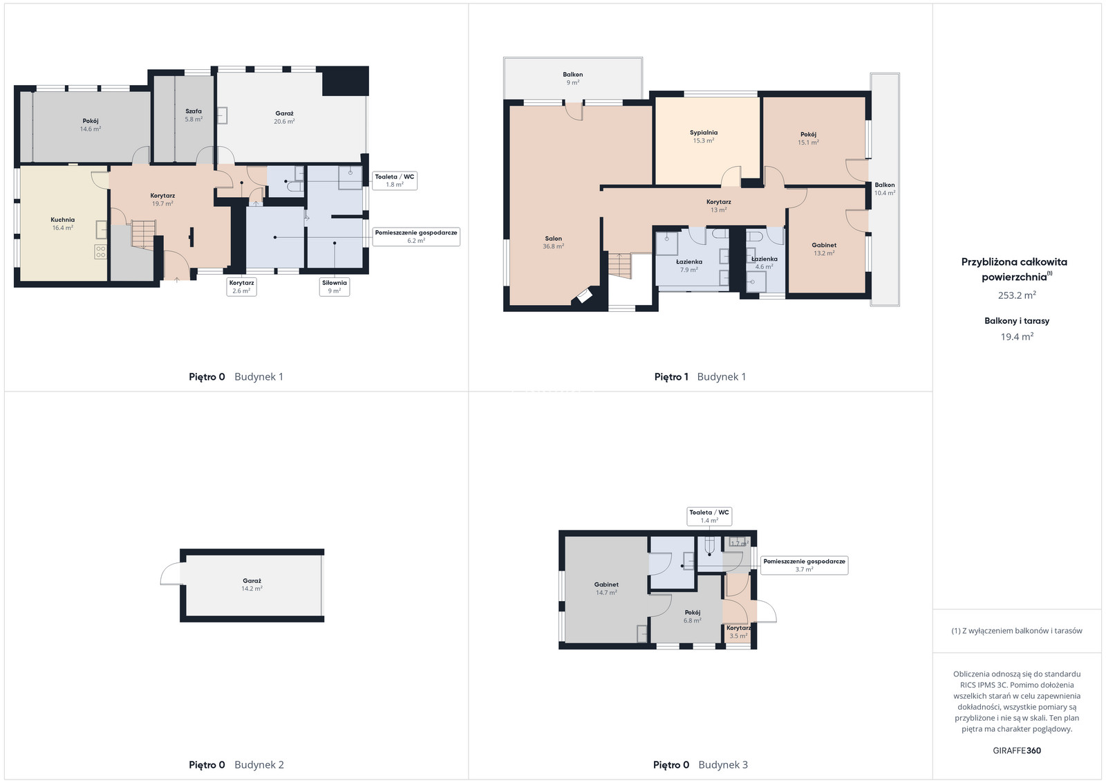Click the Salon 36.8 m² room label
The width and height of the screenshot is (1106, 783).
pyautogui.click(x=553, y=242)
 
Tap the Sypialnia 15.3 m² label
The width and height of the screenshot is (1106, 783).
pyautogui.click(x=704, y=136)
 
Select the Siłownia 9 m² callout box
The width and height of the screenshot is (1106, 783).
pyautogui.click(x=335, y=286)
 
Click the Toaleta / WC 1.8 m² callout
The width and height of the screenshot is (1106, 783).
pyautogui.click(x=395, y=181)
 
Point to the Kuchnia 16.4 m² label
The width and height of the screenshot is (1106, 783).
pyautogui.click(x=63, y=224)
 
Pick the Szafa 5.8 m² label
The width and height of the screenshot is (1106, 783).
pyautogui.click(x=194, y=115)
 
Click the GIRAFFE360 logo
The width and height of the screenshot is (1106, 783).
pyautogui.click(x=1017, y=750)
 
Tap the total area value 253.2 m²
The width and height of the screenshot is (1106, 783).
pyautogui.click(x=1017, y=295)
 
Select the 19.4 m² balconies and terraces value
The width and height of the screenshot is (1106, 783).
pyautogui.click(x=1017, y=336)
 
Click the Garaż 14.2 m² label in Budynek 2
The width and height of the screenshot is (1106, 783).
pyautogui.click(x=252, y=584)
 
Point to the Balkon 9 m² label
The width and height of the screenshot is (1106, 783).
pyautogui.click(x=573, y=79)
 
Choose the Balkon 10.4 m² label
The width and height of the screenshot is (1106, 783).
pyautogui.click(x=884, y=189)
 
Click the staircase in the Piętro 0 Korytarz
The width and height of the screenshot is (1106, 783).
pyautogui.click(x=144, y=235)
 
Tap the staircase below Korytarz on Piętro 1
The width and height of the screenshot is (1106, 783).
pyautogui.click(x=619, y=266)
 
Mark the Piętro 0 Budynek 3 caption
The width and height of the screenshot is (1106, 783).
pyautogui.click(x=700, y=765)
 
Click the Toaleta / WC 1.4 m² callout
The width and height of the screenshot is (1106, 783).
pyautogui.click(x=709, y=516)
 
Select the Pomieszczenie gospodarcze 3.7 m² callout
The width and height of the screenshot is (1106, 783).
pyautogui.click(x=805, y=565)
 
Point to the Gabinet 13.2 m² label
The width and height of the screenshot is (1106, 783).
pyautogui.click(x=824, y=249)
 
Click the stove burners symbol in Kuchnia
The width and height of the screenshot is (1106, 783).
pyautogui.click(x=101, y=252)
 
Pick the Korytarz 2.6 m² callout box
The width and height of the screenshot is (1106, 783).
pyautogui.click(x=241, y=286)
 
